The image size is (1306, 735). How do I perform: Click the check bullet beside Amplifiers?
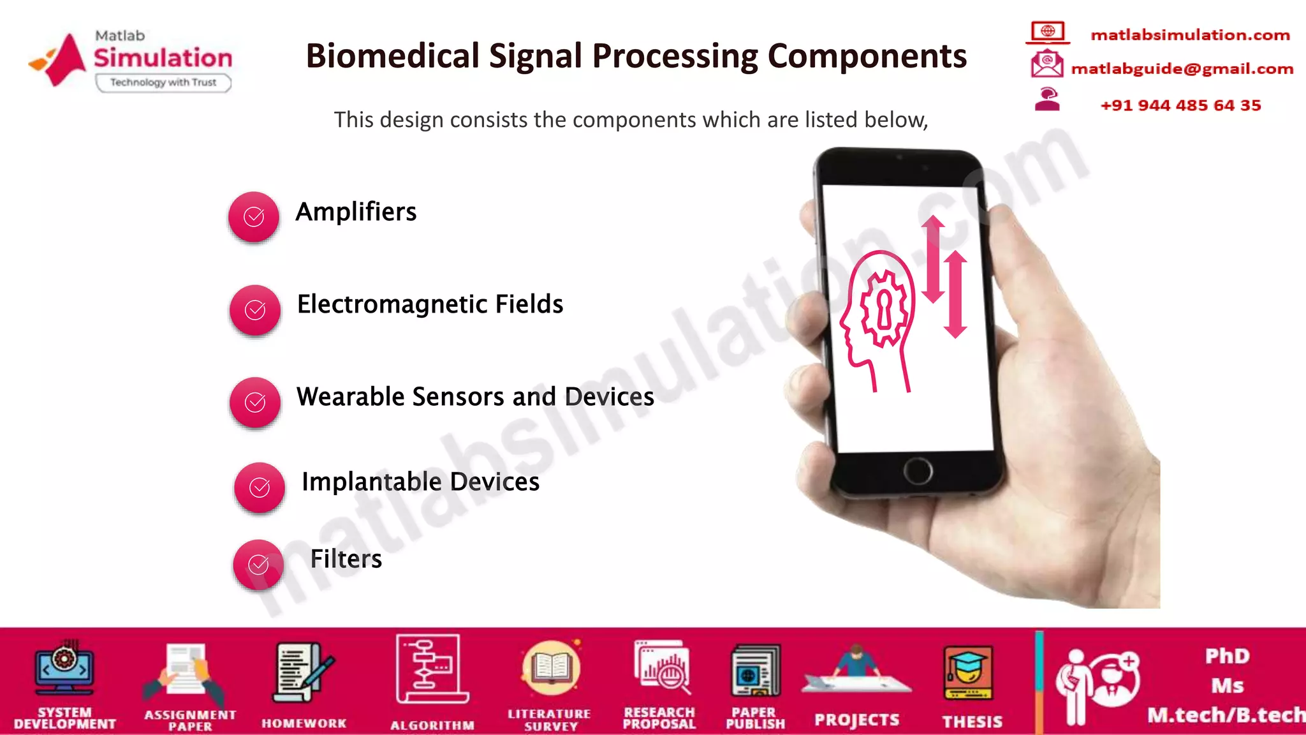[x=254, y=217]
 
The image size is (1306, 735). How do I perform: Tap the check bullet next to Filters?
[x=258, y=565]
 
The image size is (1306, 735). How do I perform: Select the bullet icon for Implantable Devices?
[x=260, y=487]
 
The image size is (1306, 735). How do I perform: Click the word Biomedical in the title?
[x=392, y=56]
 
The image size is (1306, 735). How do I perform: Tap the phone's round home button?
[x=918, y=471]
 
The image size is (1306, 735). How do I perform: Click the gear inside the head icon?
[x=884, y=309]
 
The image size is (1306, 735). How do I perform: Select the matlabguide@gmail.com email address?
[x=1182, y=69]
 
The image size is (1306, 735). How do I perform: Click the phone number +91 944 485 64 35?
[x=1180, y=105]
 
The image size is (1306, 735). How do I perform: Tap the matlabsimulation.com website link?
[x=1190, y=35]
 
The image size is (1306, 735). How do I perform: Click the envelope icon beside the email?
[x=1046, y=64]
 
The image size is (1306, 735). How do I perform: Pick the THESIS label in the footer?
[x=972, y=722]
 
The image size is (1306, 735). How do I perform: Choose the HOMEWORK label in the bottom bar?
[x=304, y=724]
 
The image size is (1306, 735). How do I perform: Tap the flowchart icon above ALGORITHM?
[x=431, y=669]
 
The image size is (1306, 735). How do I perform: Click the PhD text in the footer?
[x=1227, y=656]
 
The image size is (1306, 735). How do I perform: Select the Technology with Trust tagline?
[x=163, y=82]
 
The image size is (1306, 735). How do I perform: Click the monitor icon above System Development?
[x=64, y=669]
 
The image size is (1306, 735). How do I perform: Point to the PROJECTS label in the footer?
[x=856, y=720]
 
